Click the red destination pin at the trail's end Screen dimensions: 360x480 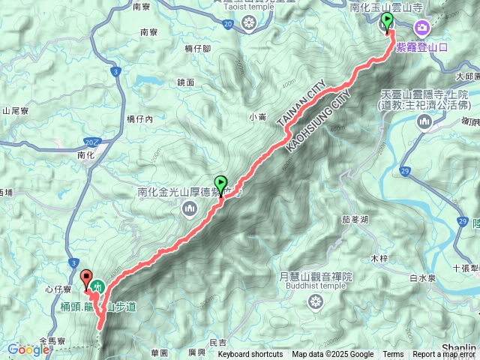tap(85, 277)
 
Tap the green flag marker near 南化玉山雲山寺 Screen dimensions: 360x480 tap(387, 22)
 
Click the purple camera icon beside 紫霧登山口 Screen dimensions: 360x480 tap(422, 29)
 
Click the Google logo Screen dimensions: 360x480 tap(28, 349)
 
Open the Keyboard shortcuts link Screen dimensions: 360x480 tap(252, 355)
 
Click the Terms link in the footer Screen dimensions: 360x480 tap(393, 355)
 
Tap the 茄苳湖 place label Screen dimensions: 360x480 tap(355, 220)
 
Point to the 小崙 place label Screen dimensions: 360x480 tap(257, 116)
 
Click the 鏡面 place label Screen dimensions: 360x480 tap(186, 82)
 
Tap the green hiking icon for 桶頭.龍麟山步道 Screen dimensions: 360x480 tap(98, 285)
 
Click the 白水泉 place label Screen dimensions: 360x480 tap(403, 278)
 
